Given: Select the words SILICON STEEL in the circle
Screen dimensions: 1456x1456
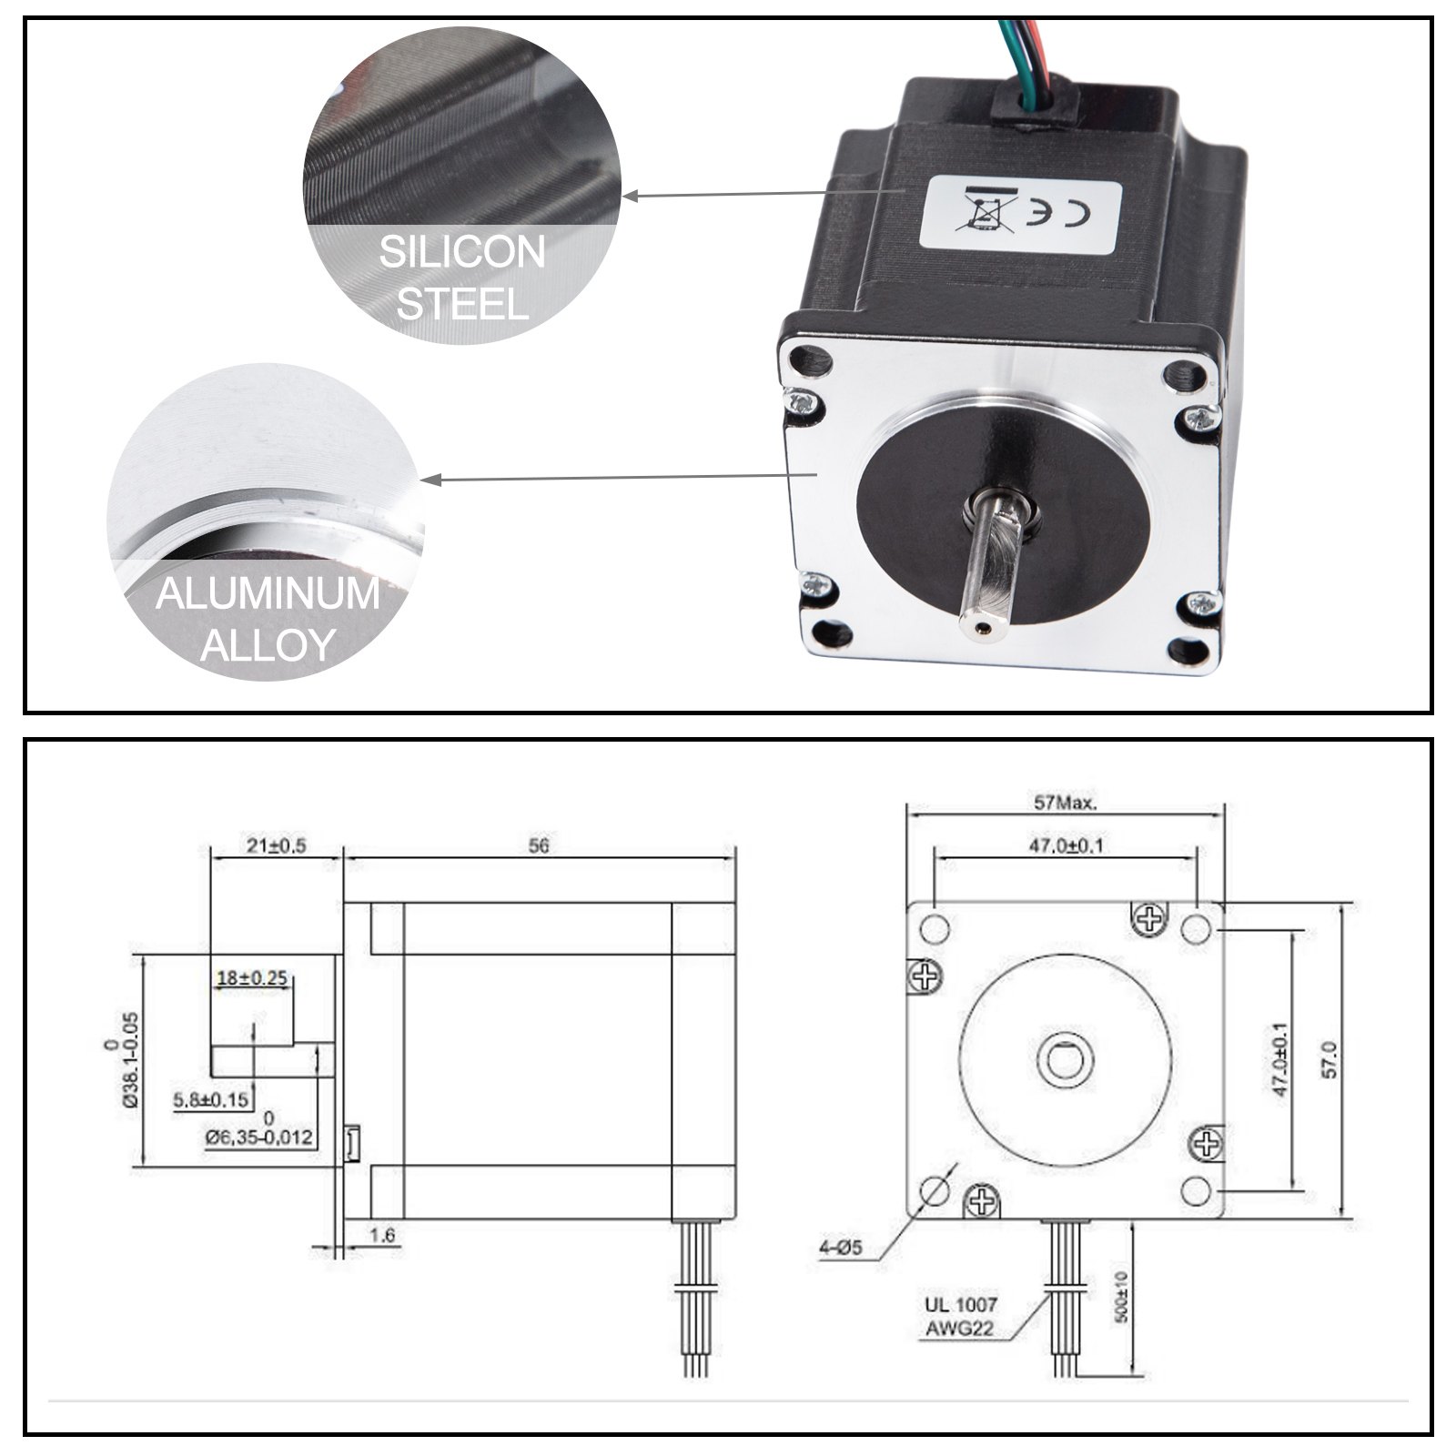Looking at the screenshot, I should pos(462,278).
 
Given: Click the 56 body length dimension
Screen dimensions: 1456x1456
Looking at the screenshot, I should pos(539,845).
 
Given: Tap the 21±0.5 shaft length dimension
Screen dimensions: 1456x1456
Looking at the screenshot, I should pos(276,845).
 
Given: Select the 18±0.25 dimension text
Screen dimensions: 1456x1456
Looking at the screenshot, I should pos(252,978).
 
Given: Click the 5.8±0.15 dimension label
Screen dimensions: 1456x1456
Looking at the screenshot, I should pos(211,1099).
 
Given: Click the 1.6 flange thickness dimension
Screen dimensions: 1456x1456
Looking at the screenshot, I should pos(383,1235).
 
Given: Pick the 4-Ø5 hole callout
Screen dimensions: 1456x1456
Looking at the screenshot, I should pos(840,1249).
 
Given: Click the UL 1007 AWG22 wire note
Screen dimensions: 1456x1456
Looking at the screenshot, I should pos(960,1316).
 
